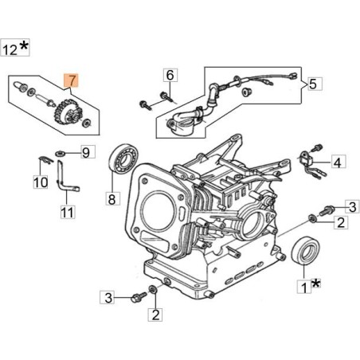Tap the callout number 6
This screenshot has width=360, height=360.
pyautogui.click(x=169, y=76)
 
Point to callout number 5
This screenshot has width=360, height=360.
pyautogui.click(x=313, y=83)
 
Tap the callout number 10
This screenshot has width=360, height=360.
pyautogui.click(x=40, y=182)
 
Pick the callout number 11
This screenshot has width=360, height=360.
pyautogui.click(x=68, y=213)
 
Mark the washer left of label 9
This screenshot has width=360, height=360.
pyautogui.click(x=61, y=152)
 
